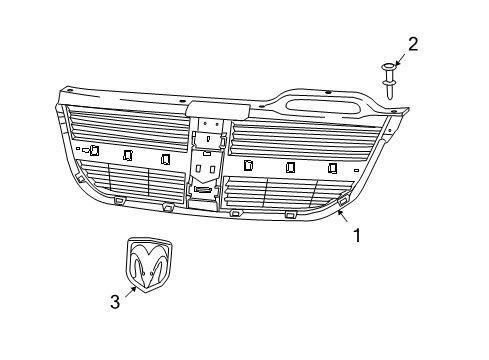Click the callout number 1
click(357, 237)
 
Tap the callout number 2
click(413, 43)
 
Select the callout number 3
click(115, 300)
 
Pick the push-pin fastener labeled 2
click(390, 77)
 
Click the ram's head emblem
click(149, 265)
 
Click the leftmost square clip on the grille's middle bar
click(93, 150)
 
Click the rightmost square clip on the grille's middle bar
click(332, 168)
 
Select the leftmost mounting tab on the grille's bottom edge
click(119, 200)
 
